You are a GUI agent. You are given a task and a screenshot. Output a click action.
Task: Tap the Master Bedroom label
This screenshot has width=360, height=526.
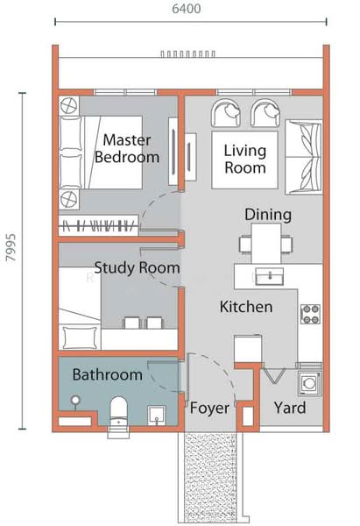(x=127, y=148)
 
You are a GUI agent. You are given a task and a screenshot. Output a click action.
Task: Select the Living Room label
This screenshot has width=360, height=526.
(x=244, y=158)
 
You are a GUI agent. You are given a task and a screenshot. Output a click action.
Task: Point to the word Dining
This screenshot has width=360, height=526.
(x=268, y=215)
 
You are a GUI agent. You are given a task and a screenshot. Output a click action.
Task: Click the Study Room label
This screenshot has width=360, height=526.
(x=137, y=268)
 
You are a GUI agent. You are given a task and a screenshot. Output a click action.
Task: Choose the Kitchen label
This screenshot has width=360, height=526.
(x=245, y=307)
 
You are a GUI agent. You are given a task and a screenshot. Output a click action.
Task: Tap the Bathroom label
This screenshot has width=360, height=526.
(x=107, y=375)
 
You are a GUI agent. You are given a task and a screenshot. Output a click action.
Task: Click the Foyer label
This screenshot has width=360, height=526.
(x=209, y=409)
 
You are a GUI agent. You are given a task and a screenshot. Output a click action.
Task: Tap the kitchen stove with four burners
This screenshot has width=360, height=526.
(x=310, y=313)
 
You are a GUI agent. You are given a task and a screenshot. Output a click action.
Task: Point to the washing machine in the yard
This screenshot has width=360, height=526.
(x=307, y=382)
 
